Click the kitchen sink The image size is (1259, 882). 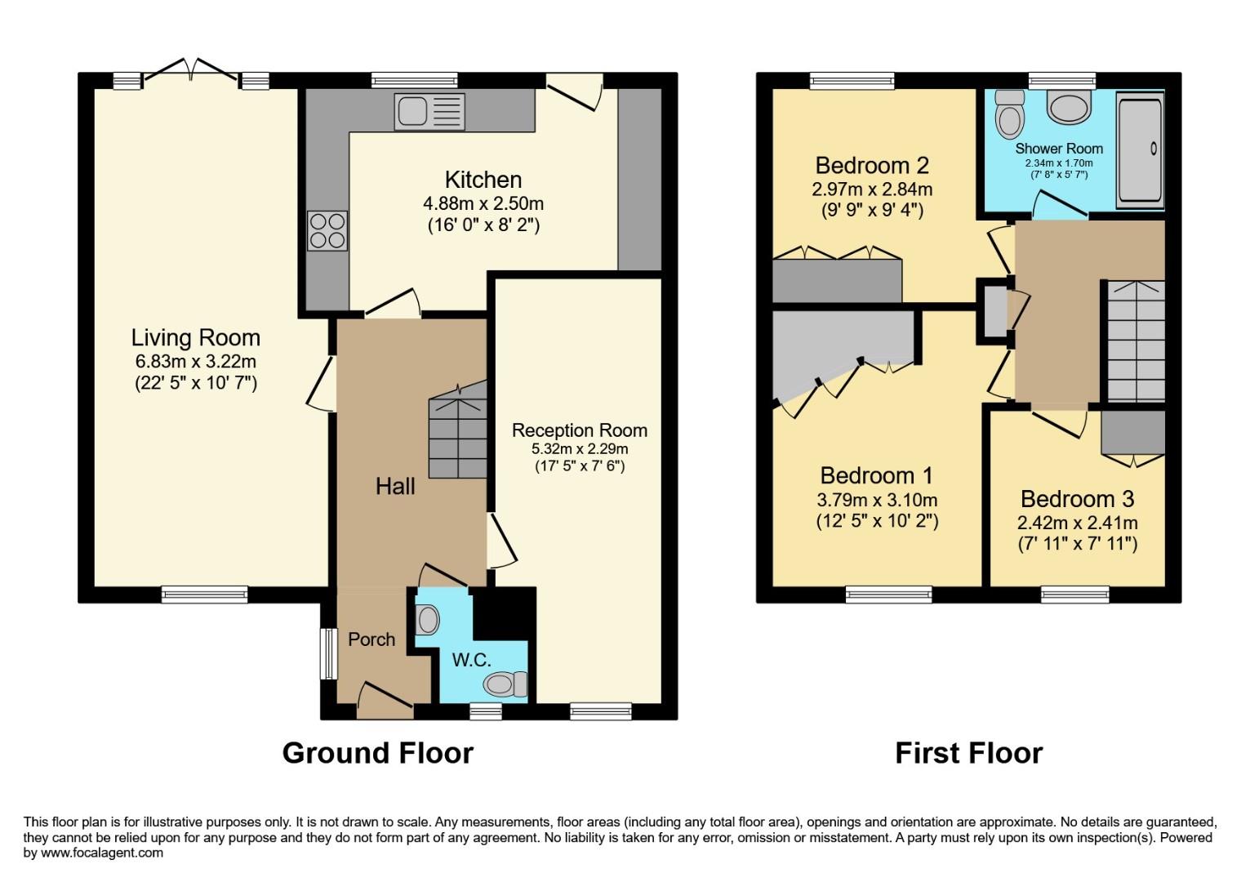pos(429,112)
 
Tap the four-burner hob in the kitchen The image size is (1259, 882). pos(327,230)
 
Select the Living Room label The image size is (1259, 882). pos(196,337)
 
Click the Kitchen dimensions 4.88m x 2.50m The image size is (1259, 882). pos(483,203)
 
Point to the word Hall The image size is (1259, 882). pos(395,487)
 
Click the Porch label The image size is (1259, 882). pos(371,639)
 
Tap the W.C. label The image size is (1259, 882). pos(472,660)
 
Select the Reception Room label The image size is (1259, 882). pos(579,430)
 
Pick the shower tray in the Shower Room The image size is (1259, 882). pos(1139,149)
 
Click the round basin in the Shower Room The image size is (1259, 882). pos(1070,105)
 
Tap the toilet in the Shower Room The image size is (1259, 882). pos(1009,114)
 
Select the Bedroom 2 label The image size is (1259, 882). pos(872,166)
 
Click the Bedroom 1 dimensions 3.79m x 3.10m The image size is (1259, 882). pos(877,500)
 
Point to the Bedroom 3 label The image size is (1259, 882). pos(1077,499)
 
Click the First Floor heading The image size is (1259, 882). pos(968,753)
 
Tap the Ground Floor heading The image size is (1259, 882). pos(377,753)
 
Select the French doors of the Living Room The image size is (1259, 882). pos(191,72)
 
